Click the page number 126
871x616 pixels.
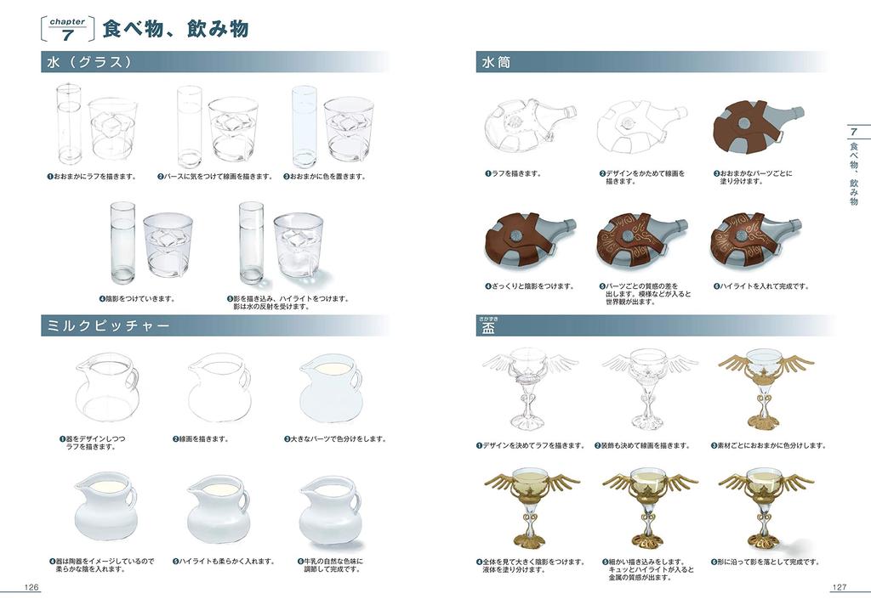tap(31, 587)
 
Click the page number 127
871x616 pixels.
tap(838, 587)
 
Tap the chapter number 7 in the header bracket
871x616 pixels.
tap(67, 35)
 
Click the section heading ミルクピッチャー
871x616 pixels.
tap(105, 326)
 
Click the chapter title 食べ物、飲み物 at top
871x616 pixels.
tap(175, 29)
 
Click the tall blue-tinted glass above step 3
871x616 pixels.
tap(304, 127)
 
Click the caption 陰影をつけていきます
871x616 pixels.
tap(139, 298)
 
